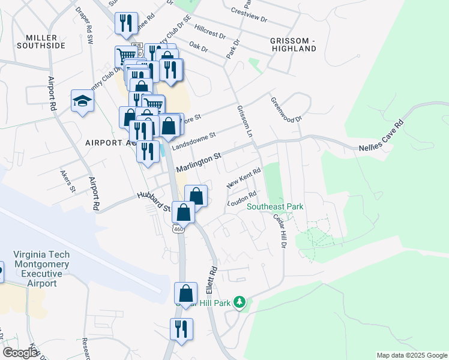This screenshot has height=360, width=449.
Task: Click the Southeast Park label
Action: [275, 207]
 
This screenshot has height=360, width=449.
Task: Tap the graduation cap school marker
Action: [82, 101]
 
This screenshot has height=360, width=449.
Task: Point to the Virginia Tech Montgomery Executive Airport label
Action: [41, 269]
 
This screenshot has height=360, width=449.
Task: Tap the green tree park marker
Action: [240, 301]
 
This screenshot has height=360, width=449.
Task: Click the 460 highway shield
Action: [178, 229]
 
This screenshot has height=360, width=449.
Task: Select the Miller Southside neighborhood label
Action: [41, 41]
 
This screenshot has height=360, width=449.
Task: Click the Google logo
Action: [20, 353]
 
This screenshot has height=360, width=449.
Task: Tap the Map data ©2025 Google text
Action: [411, 355]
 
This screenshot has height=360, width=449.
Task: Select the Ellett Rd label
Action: [211, 276]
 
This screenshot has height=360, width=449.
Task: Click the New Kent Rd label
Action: [243, 178]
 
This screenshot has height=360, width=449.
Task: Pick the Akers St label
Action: [67, 181]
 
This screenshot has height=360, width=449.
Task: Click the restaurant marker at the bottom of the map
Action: [181, 329]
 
